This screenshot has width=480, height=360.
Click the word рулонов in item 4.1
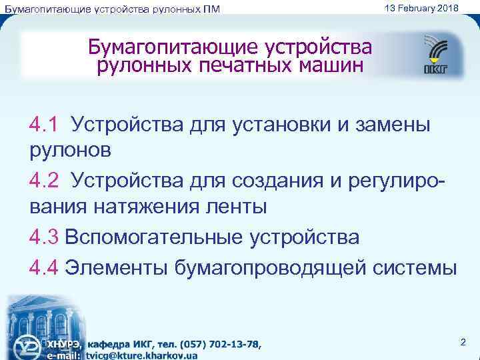coord(70,151)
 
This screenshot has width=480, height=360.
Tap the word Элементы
coord(118,267)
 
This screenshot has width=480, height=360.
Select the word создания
coord(285,181)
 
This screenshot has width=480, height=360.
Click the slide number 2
coord(463,343)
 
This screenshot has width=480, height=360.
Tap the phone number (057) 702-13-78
coord(219,344)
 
